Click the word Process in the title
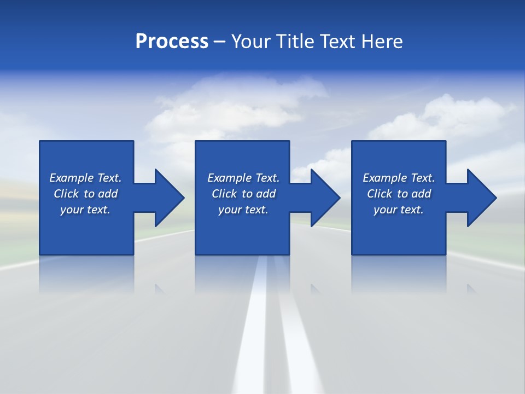[172, 42]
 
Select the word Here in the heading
[382, 42]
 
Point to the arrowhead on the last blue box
[481, 198]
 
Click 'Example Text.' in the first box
[85, 178]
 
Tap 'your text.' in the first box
[85, 210]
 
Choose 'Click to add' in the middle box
[243, 194]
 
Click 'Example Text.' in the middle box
[243, 178]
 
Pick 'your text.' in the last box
[399, 210]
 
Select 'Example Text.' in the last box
[399, 178]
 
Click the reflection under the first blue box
[86, 274]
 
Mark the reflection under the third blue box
[398, 274]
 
